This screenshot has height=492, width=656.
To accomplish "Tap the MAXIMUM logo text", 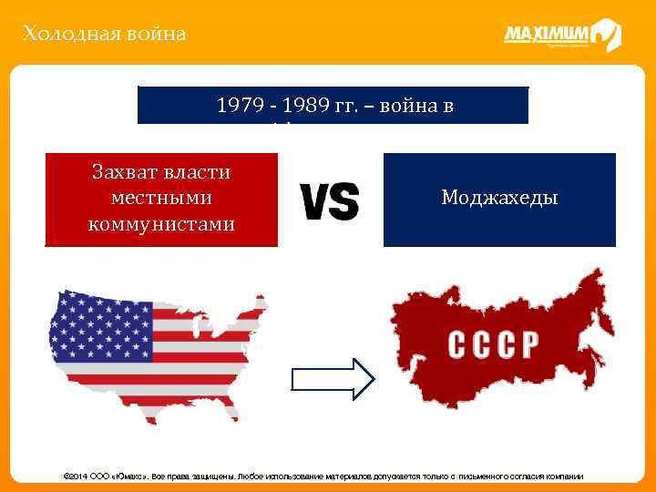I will pos(546,34).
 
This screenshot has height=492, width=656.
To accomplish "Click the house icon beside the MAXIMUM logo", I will pos(606,35).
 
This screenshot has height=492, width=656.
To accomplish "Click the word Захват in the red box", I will pos(128,171).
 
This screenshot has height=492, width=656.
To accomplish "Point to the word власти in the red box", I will pos(198,171).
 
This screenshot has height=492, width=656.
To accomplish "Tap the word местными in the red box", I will pos(161,198).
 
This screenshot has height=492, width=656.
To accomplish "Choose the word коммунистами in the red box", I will pos(161,223).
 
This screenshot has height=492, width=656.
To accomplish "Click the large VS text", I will pos(329,200).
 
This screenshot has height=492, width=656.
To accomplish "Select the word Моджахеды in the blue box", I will pos(499,198).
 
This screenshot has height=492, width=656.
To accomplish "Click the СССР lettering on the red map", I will pos(493,344).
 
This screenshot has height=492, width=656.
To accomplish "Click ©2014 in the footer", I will pos(75,477).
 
